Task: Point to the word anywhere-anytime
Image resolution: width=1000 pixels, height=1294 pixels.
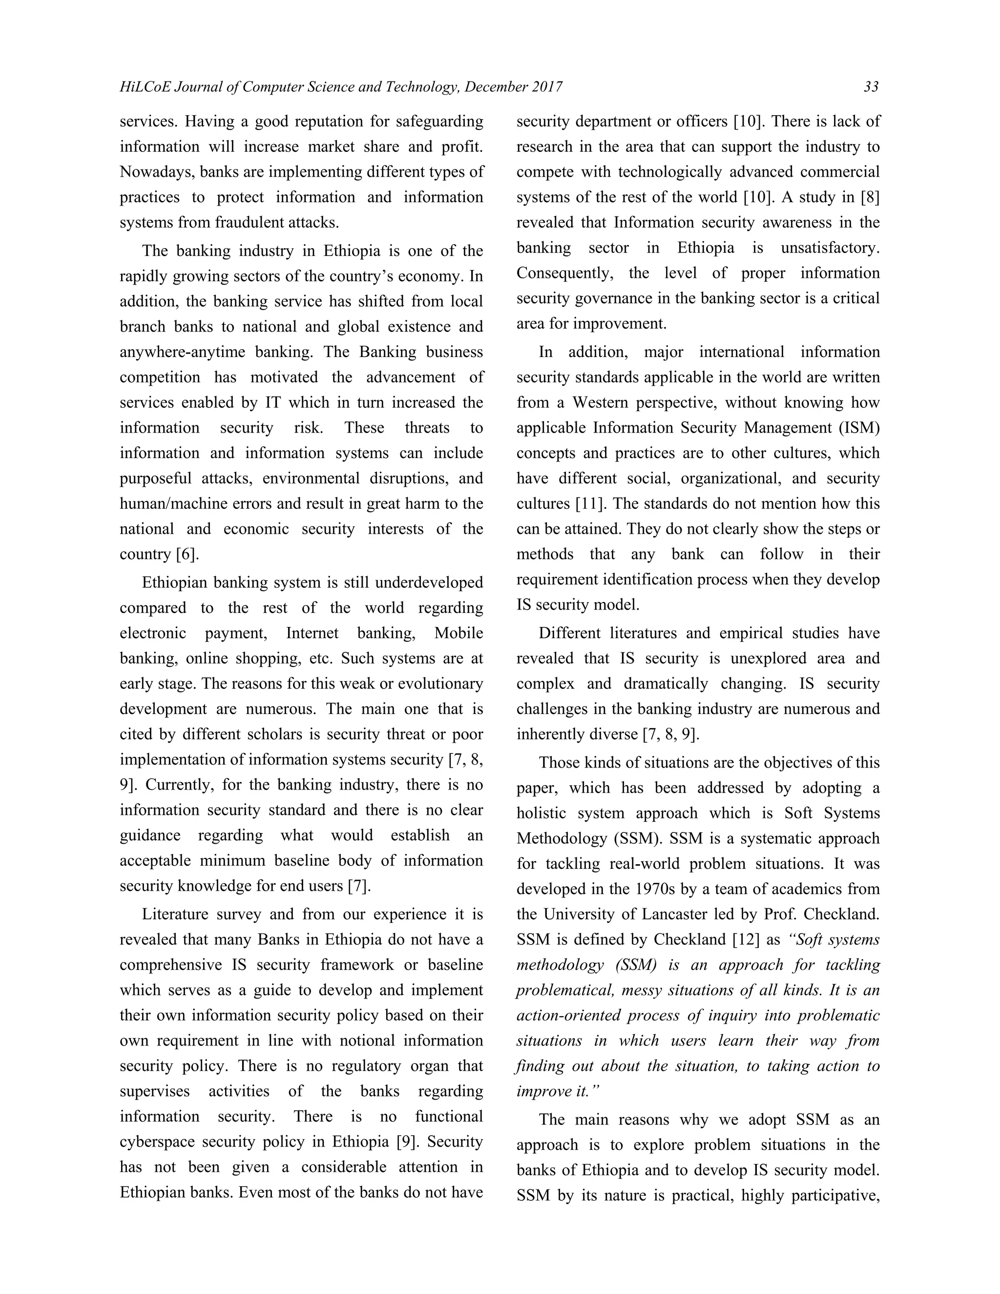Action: pos(183,352)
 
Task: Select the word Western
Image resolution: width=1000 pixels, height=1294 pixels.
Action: pos(603,403)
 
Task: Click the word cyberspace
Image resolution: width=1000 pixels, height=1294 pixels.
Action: pos(155,1142)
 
